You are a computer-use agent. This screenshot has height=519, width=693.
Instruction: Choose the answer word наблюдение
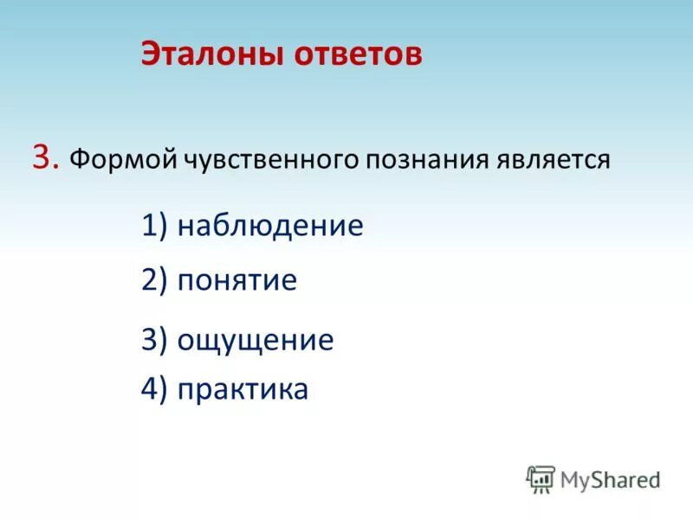[269, 227]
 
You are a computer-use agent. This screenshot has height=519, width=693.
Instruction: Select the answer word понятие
[236, 280]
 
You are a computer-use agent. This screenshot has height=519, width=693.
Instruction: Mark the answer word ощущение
[255, 340]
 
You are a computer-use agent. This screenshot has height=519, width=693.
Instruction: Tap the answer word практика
[243, 389]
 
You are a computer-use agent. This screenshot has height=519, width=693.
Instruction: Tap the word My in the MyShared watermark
[575, 479]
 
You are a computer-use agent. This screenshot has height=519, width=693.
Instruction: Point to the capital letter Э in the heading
[151, 54]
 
